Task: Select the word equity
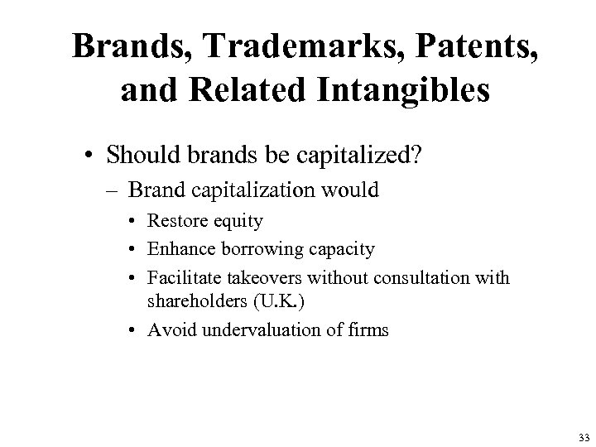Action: [239, 222]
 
